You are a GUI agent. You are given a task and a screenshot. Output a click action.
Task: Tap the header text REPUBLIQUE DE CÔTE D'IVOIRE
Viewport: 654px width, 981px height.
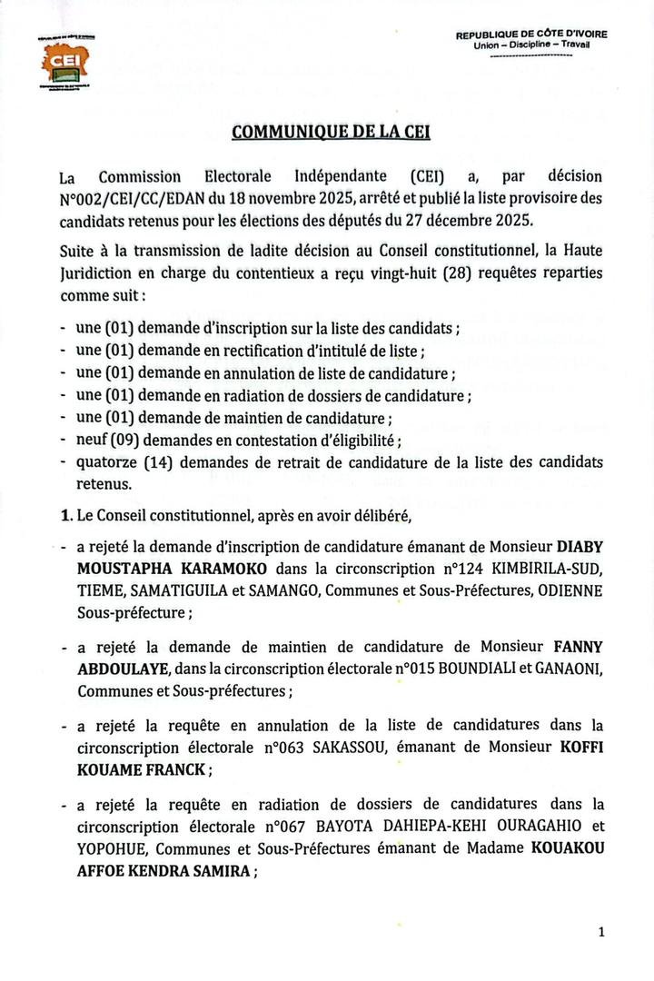532,34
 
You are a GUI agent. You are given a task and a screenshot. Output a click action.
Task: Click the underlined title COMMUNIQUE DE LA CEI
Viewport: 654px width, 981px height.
331,131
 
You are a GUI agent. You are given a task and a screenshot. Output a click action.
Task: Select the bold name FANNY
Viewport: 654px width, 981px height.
578,649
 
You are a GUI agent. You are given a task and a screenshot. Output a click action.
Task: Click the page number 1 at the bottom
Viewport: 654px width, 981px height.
601,932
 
